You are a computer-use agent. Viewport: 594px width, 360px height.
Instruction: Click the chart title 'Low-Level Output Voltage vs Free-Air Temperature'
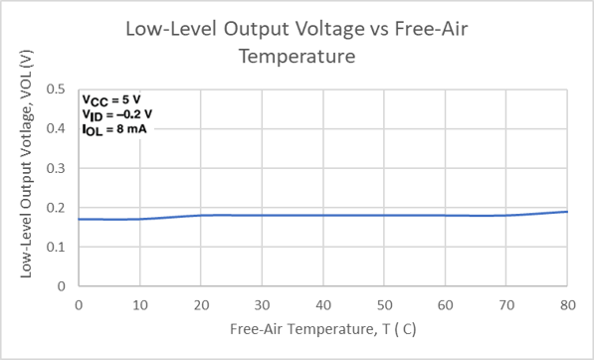(297, 43)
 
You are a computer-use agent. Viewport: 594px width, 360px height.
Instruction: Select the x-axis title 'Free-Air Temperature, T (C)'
(322, 328)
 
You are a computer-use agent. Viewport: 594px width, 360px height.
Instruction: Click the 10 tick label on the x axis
(139, 303)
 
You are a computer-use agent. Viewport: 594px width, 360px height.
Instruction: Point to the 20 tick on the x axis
(200, 303)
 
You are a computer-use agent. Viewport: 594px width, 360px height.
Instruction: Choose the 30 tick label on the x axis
(262, 303)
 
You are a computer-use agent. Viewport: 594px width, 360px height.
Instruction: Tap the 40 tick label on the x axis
(322, 303)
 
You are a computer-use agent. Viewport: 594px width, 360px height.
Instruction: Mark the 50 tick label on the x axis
(384, 303)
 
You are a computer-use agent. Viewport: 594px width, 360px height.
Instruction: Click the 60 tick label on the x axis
(445, 303)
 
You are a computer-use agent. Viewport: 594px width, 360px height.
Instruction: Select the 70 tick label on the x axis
(506, 303)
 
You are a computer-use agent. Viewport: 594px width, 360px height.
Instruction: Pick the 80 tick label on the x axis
(567, 303)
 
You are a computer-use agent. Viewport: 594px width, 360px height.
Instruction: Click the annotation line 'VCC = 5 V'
(112, 100)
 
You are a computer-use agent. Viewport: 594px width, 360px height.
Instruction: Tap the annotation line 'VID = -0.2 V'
(117, 114)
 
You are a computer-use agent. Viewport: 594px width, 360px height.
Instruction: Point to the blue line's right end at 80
(567, 212)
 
